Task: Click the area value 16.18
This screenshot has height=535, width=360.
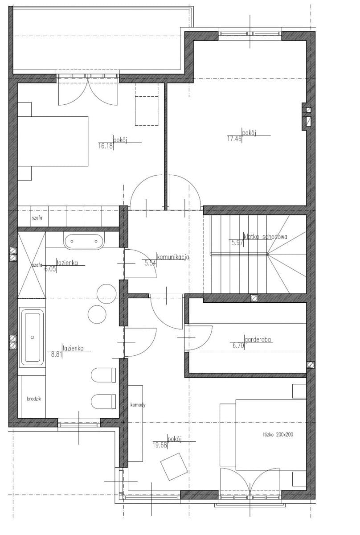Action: point(105,146)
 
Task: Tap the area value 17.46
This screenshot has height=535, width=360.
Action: point(234,139)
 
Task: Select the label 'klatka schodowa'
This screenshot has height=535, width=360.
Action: point(266,237)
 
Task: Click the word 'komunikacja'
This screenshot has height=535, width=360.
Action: point(173,257)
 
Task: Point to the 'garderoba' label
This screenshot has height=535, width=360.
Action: point(258,339)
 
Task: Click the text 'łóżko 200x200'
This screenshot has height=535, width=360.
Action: point(277,434)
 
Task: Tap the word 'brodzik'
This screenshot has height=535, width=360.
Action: point(34,399)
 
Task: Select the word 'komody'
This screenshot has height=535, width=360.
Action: point(138,405)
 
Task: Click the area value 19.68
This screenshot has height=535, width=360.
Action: point(160,445)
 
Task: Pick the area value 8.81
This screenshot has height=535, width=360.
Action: point(56,354)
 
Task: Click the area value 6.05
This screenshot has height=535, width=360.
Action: point(50,269)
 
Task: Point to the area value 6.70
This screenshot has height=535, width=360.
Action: point(238,346)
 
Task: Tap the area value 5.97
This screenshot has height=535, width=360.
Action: point(237,243)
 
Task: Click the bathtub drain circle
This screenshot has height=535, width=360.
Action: point(33,337)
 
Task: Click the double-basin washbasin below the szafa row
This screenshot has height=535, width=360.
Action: point(84,242)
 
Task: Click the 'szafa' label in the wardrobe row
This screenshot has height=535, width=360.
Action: point(37,218)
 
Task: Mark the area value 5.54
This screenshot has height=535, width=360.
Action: point(150,263)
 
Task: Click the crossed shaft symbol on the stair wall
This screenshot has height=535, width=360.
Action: point(254,298)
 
